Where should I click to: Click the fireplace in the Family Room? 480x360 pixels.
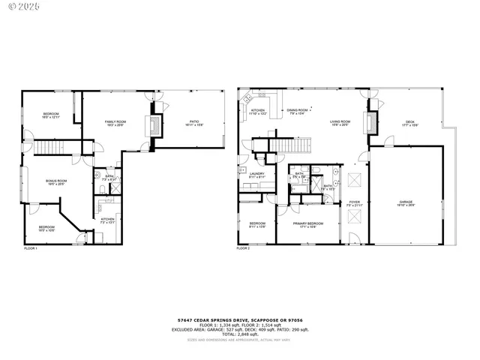[156, 125]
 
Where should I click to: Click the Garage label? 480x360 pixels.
[406, 203]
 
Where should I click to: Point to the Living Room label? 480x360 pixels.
[340, 123]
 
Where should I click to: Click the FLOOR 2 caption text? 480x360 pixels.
[244, 247]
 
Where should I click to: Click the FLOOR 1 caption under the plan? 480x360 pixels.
[31, 247]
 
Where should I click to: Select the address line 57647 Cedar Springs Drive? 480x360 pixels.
[240, 318]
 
